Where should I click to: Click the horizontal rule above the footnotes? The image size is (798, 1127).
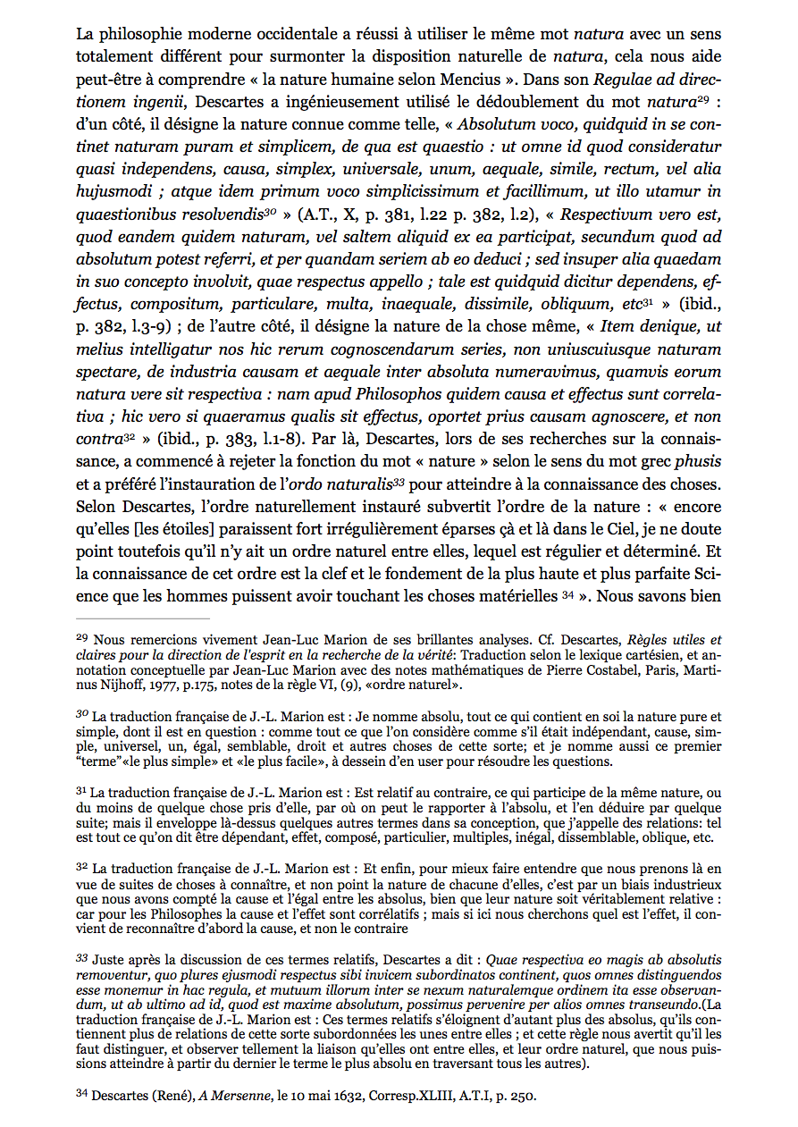tap(143, 618)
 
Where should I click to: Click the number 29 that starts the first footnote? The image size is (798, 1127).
tap(82, 639)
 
